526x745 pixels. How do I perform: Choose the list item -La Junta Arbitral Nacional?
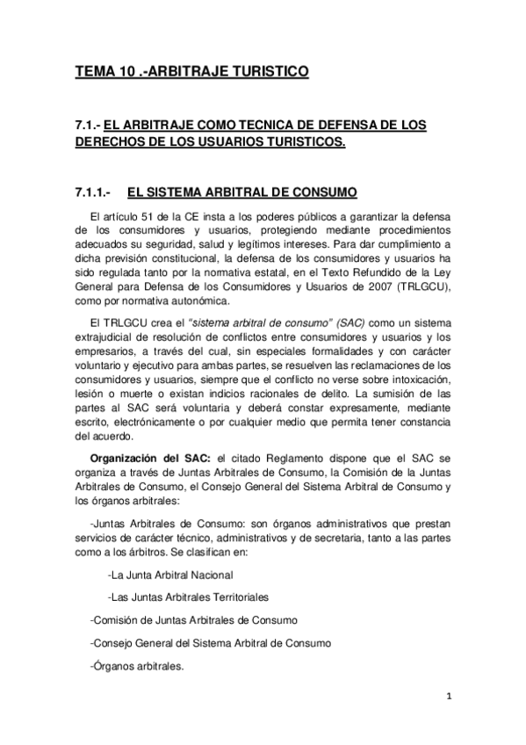[x=169, y=575]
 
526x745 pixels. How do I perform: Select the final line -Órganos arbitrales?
[x=137, y=667]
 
